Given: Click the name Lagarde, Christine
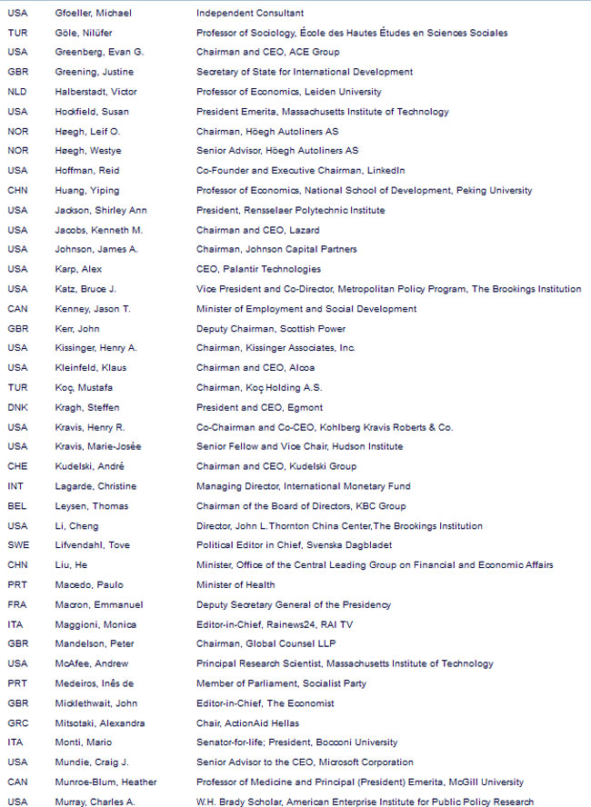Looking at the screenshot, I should (92, 486).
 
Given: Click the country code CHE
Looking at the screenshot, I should (17, 466).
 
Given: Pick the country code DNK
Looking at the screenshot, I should (17, 407).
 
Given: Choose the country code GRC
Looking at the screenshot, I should (17, 723).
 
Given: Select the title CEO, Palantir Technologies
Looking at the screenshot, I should (258, 269).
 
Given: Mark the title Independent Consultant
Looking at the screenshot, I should (250, 13).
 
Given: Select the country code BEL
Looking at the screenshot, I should (16, 506).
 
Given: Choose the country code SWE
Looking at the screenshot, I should (17, 545).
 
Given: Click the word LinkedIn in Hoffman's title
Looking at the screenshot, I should (386, 170).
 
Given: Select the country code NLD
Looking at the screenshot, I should (17, 92).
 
